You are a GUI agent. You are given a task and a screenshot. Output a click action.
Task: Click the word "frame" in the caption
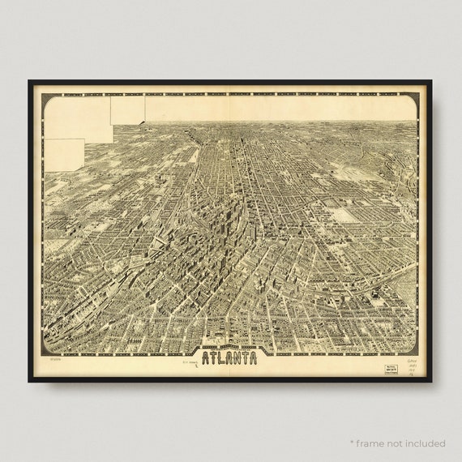click(x=373, y=443)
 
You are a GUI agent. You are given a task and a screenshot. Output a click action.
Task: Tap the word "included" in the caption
click(x=426, y=443)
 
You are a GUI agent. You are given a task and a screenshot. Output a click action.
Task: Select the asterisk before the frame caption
click(x=352, y=443)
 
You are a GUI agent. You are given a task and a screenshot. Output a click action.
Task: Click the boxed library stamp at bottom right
click(x=393, y=366)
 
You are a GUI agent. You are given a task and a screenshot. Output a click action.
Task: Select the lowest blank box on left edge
click(x=65, y=155)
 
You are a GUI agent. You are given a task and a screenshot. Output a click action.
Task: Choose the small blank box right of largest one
click(x=128, y=109)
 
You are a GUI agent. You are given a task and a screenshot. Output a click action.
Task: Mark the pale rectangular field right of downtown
click(x=343, y=215)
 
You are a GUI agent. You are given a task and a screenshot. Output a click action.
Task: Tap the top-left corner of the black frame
click(x=30, y=82)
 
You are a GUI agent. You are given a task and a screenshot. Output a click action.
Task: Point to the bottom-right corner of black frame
click(x=430, y=380)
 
